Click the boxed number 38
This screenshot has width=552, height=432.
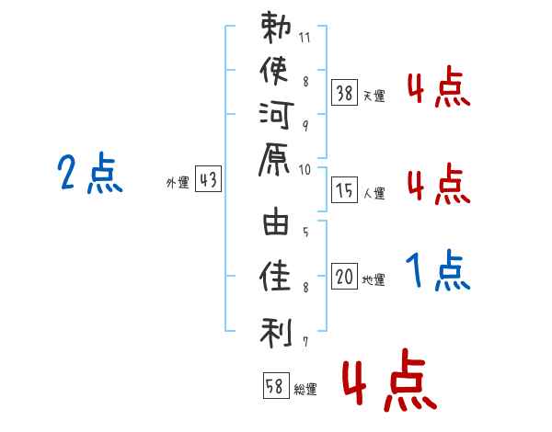(345, 92)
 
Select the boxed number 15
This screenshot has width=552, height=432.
(345, 190)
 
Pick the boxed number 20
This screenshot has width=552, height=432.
(345, 277)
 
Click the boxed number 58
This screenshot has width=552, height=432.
(275, 386)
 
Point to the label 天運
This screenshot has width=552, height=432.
(374, 95)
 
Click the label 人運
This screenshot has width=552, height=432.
(374, 193)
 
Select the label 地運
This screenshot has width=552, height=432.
(374, 279)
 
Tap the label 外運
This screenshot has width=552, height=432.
(177, 183)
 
